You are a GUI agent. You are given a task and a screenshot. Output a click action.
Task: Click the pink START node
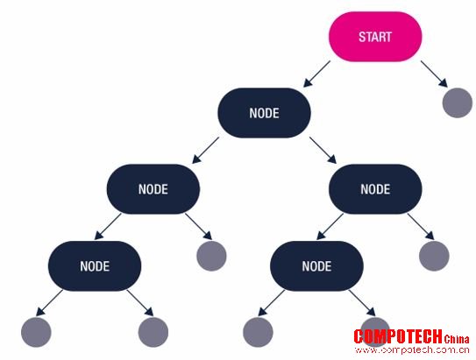pos(375,37)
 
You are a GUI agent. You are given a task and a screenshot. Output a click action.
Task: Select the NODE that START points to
pos(264,113)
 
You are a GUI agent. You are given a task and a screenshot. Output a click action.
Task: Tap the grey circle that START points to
pos(458,102)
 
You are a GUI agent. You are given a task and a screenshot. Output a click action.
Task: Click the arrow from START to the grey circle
pos(434,74)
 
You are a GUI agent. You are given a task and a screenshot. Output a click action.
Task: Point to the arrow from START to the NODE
pos(316,74)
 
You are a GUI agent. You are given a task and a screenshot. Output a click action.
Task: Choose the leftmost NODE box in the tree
pos(95,266)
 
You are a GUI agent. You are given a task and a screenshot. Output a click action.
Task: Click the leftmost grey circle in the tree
pos(36,332)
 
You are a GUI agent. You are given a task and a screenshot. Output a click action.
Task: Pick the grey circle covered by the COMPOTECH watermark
pos(375,332)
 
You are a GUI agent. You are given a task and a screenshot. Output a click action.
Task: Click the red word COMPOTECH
pos(398,336)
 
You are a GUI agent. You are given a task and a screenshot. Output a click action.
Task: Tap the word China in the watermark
pos(456,339)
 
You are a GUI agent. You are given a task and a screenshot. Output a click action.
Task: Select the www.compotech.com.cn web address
pos(412,350)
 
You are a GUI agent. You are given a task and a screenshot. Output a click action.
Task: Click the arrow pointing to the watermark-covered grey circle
pos(362,303)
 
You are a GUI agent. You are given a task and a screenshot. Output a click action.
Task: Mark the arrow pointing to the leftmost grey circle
pos(49,303)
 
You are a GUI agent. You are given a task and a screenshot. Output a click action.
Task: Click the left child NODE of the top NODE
pos(153,189)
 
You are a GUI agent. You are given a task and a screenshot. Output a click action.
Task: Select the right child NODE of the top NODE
pos(375,189)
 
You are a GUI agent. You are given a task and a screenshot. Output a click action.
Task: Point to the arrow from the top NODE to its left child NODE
pos(205,151)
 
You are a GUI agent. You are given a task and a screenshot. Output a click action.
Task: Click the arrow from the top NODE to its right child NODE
pos(323,151)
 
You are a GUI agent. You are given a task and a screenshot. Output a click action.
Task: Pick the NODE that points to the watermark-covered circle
pos(316,266)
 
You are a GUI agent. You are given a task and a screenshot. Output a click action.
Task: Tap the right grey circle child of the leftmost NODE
pos(153,332)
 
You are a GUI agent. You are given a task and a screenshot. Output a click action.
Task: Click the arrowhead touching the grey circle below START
pos(444,83)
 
